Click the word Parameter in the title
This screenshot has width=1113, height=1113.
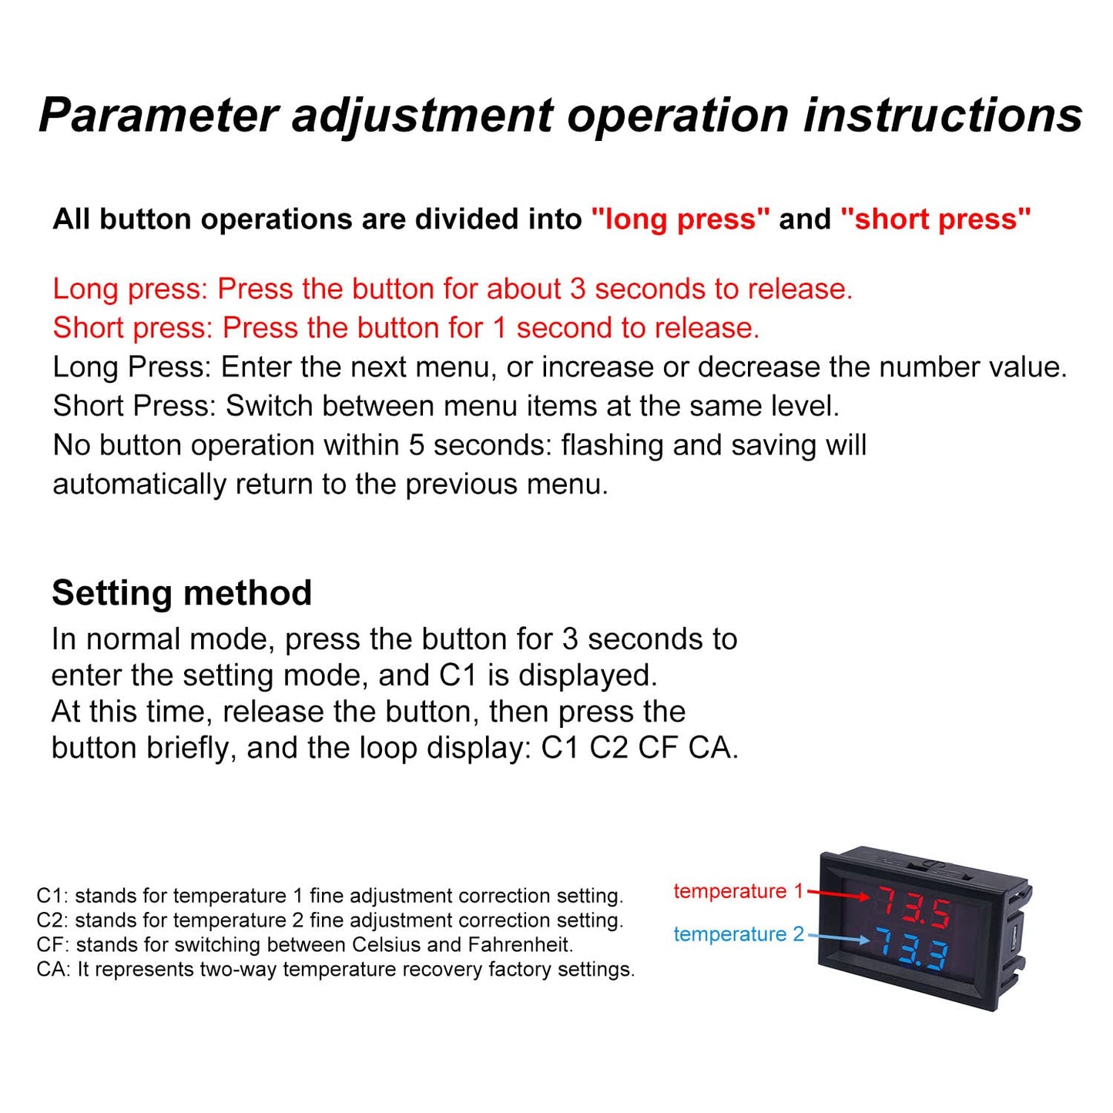158,116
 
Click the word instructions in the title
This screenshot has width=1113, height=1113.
943,116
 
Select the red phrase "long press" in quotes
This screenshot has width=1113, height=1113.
680,220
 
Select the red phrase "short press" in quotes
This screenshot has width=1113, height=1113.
935,220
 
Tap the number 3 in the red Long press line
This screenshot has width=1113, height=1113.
577,289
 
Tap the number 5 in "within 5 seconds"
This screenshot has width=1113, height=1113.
417,445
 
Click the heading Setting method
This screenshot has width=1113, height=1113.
182,593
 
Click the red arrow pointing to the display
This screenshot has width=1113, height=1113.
839,895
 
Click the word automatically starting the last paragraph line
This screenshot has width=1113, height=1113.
139,485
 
